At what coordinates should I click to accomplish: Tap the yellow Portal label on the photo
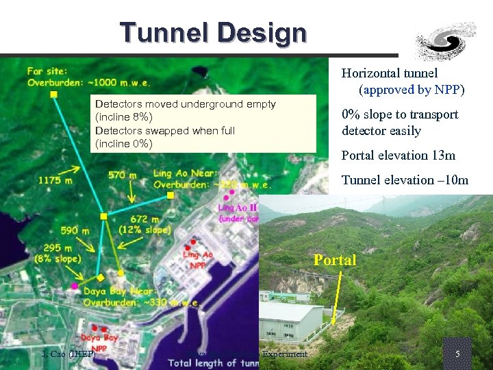tap(335, 260)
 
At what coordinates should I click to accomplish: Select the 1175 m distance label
tap(55, 180)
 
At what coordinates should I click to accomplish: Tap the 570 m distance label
tap(123, 175)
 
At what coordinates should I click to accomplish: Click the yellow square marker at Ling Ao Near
tap(170, 195)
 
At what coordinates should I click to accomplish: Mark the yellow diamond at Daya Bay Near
tap(101, 277)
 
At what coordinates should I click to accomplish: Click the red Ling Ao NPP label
tap(198, 260)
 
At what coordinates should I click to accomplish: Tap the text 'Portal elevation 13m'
tap(398, 156)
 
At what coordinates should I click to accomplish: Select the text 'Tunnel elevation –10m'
tap(405, 180)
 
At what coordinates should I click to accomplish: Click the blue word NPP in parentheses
tap(447, 90)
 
